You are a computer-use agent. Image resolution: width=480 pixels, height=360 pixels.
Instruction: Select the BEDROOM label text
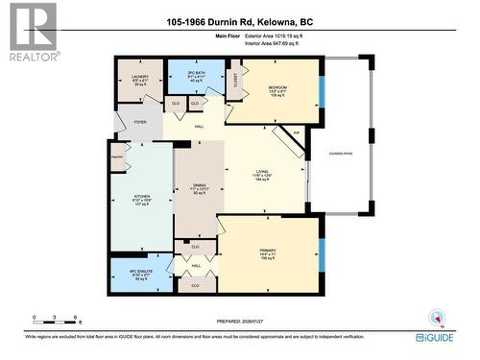tap(278, 87)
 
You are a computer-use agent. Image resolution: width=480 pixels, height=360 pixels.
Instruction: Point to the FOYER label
tap(140, 122)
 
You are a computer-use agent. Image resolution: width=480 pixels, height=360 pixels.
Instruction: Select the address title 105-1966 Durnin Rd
tap(239, 22)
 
